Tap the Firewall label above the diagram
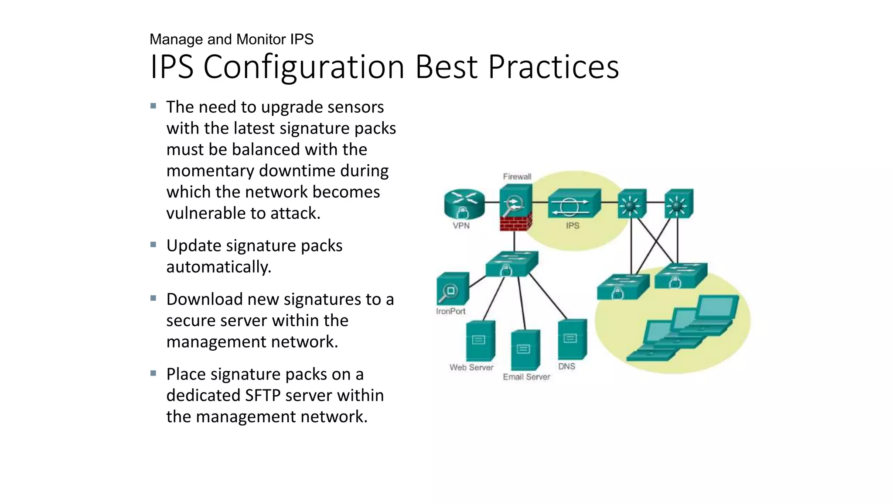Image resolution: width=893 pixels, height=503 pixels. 517,176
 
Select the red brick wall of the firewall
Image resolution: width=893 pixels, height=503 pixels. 515,222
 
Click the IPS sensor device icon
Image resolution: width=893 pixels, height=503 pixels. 574,203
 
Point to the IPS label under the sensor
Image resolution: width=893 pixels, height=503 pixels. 573,225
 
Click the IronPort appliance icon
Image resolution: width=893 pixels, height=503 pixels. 453,289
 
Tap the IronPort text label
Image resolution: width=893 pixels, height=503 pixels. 450,311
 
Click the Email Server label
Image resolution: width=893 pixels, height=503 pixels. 526,376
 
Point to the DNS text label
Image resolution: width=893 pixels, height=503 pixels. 566,366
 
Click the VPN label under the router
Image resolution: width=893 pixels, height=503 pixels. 461,225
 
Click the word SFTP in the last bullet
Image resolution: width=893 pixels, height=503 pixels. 263,395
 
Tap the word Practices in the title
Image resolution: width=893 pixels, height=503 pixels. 553,67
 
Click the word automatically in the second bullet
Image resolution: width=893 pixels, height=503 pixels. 218,267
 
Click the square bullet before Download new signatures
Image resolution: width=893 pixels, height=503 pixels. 153,298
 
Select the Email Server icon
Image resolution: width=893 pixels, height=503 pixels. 525,349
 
